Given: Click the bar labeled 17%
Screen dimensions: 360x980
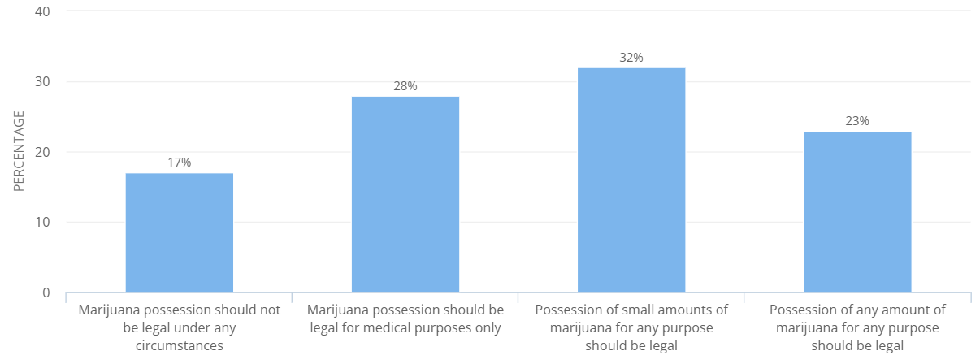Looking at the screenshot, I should pos(179,232).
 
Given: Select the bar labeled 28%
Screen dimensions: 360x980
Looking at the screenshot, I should pos(405,194).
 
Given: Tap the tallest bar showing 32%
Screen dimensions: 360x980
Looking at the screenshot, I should pos(631,180).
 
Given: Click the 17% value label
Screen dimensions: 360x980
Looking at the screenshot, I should pos(179,163).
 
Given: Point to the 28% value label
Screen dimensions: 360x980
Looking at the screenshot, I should pos(405,86).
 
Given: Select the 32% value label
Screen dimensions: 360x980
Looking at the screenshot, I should pos(631,58).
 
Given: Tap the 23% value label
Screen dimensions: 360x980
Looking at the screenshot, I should pos(857,121).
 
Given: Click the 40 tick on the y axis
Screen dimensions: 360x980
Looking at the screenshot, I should pos(42,12).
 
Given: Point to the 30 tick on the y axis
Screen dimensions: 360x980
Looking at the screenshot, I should pos(42,82).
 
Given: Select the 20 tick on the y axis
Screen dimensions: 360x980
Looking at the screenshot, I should pos(42,152).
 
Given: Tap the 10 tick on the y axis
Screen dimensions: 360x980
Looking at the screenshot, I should pos(42,222).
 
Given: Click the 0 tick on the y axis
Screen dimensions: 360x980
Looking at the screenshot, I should pos(46,293).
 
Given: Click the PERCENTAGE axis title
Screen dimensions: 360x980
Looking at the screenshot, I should pos(19,152).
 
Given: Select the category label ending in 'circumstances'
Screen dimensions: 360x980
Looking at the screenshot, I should pos(179,327).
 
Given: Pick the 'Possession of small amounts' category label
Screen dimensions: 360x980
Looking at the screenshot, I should pos(631,327).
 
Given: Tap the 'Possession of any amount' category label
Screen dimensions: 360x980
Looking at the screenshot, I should pos(857,327).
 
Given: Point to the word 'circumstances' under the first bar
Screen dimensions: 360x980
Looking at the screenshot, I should pos(179,345).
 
